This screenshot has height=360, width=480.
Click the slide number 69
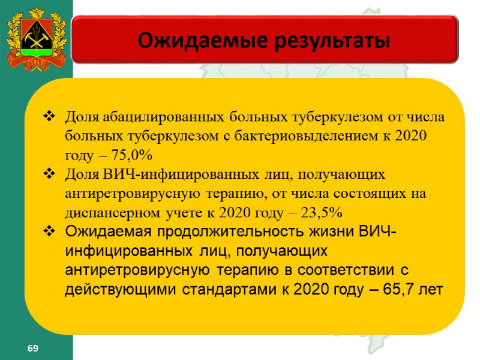click(30, 349)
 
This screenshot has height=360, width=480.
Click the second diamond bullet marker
click(50, 175)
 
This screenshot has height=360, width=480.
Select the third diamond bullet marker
click(50, 232)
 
